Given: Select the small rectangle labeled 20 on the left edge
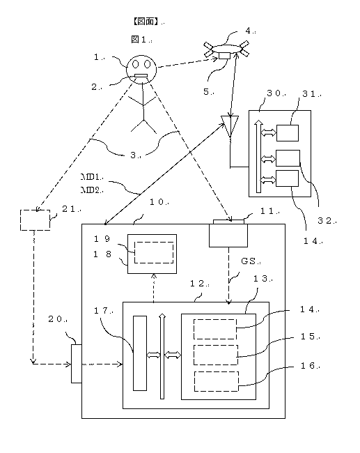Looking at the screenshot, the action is pos(77,364).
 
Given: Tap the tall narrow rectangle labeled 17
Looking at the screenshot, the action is pos(140,353).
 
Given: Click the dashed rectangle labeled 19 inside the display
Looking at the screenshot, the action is pos(154,242).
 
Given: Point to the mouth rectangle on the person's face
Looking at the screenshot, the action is pos(141,76).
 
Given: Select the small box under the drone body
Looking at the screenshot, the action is pos(225,56).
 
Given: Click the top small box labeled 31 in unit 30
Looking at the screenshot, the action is pos(288,133).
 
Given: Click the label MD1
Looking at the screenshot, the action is pos(90,176).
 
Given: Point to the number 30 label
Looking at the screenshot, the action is pos(274,93).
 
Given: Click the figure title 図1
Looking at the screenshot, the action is pos(139,39).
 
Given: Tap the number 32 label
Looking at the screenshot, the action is pos(325,221).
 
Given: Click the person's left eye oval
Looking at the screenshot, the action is pos(135,64).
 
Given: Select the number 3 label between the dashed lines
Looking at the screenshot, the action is pos(134,155).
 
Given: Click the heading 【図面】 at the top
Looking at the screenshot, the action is pos(146,21).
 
